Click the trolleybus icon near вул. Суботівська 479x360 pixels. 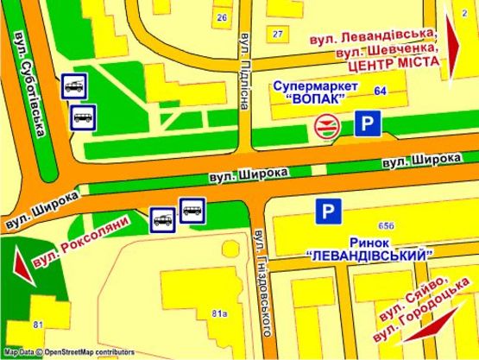73,85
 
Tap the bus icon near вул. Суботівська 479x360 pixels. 84,116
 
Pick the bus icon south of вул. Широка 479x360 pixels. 192,209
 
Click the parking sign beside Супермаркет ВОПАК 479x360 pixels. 369,124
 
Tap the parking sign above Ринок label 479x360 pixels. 327,210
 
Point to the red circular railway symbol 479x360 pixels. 326,127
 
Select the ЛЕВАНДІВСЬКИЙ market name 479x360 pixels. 369,256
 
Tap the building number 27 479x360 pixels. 277,34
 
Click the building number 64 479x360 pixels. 380,91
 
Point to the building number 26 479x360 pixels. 222,17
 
